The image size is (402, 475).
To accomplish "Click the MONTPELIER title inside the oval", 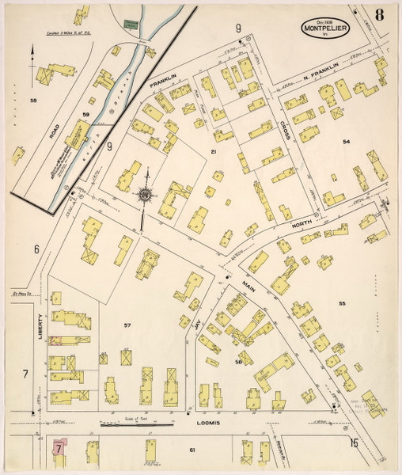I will coord(325,30).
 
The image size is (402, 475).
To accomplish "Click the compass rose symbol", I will coord(145,192).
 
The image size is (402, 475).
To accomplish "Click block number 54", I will coord(346,141).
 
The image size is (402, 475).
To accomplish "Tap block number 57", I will coord(127,325).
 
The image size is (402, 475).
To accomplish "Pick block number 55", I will coord(343,304).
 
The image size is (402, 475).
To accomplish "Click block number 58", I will coord(33,101).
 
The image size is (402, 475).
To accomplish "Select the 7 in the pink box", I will coord(59,447).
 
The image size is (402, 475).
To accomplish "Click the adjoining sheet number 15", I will coord(354,443).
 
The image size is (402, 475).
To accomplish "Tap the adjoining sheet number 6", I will coord(36,249).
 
